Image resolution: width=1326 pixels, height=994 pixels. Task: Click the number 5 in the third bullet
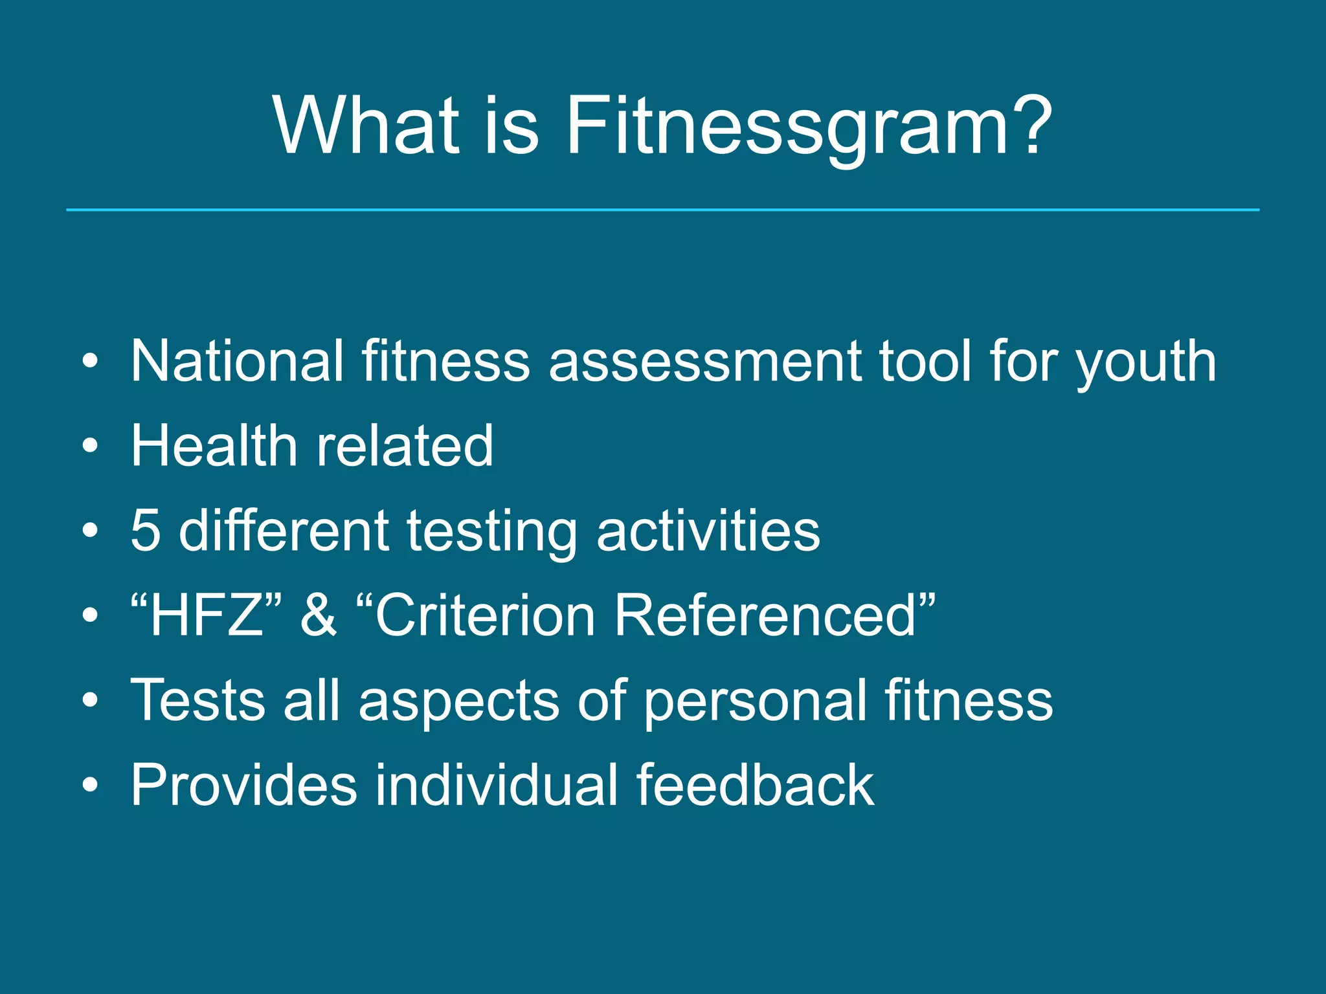(x=146, y=531)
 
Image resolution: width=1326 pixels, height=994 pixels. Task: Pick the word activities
(x=708, y=531)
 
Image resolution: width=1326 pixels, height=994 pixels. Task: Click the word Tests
(x=198, y=700)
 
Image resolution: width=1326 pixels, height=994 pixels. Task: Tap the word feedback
(x=755, y=785)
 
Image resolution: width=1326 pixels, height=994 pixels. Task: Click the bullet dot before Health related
(x=91, y=446)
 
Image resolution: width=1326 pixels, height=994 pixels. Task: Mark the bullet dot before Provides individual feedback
(x=91, y=785)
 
